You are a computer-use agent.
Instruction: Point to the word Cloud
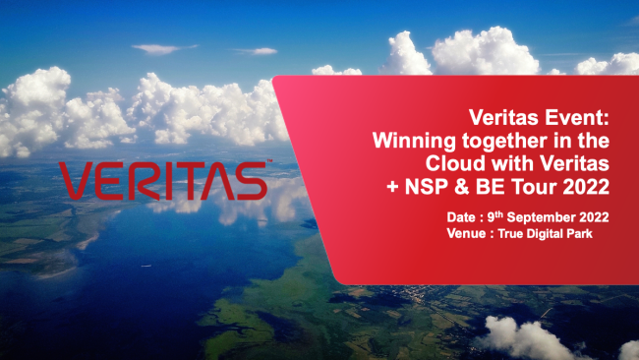455,163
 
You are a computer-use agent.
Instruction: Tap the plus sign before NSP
392,188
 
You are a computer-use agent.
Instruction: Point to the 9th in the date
495,216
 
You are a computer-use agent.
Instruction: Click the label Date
461,217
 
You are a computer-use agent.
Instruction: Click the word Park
579,234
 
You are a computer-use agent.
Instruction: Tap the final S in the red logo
252,181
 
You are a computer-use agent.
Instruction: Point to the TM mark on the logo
269,161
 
